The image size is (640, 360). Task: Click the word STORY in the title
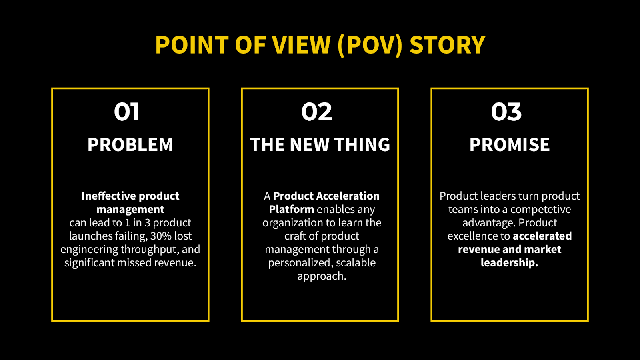pos(447,45)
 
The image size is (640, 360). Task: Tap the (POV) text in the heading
pos(370,45)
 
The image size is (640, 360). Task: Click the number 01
pos(127,112)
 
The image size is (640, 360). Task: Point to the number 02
pos(317,112)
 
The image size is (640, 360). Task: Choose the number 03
pos(506,112)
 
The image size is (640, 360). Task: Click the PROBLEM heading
pos(130,145)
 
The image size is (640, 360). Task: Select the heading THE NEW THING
pos(320,145)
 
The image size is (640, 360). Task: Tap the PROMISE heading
pos(510,145)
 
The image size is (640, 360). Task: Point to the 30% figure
pos(161,236)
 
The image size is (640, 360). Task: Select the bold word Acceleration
pos(348,196)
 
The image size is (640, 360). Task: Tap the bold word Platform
pos(291,209)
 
